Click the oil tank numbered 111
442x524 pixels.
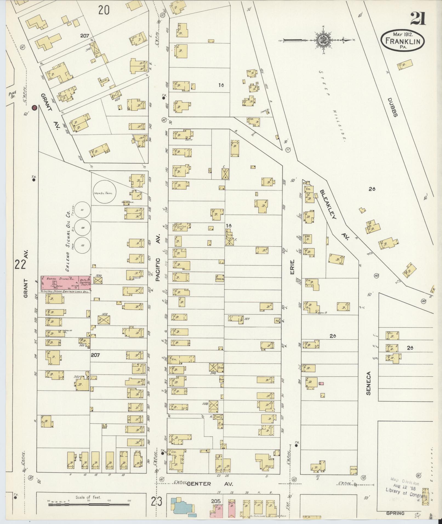pyautogui.click(x=82, y=210)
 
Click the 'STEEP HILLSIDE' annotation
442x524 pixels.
pyautogui.click(x=332, y=105)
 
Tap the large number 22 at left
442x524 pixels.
pyautogui.click(x=21, y=265)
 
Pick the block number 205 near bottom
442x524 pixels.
pyautogui.click(x=216, y=501)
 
